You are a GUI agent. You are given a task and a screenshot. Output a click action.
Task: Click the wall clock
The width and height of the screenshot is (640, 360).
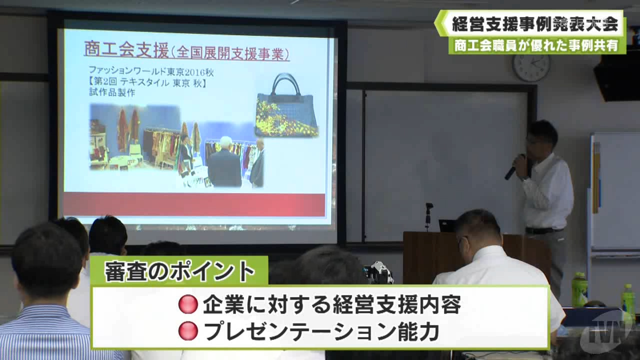[531, 67]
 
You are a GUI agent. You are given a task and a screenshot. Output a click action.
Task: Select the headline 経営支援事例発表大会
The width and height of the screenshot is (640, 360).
[535, 24]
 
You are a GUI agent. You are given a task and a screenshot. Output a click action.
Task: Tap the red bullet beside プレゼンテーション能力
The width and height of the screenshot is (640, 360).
[188, 331]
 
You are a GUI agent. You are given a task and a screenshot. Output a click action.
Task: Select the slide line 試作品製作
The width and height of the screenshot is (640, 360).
[111, 92]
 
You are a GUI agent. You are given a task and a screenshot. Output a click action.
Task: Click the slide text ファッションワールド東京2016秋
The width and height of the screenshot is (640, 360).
[151, 70]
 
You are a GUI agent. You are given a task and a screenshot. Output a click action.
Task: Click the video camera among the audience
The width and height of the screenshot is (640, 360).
[377, 273]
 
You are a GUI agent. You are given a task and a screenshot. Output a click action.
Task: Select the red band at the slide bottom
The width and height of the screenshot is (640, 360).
[194, 205]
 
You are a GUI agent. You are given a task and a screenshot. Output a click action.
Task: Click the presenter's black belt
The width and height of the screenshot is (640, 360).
[542, 230]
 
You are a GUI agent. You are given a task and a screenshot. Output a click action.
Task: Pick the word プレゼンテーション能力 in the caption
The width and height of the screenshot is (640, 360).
[321, 331]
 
